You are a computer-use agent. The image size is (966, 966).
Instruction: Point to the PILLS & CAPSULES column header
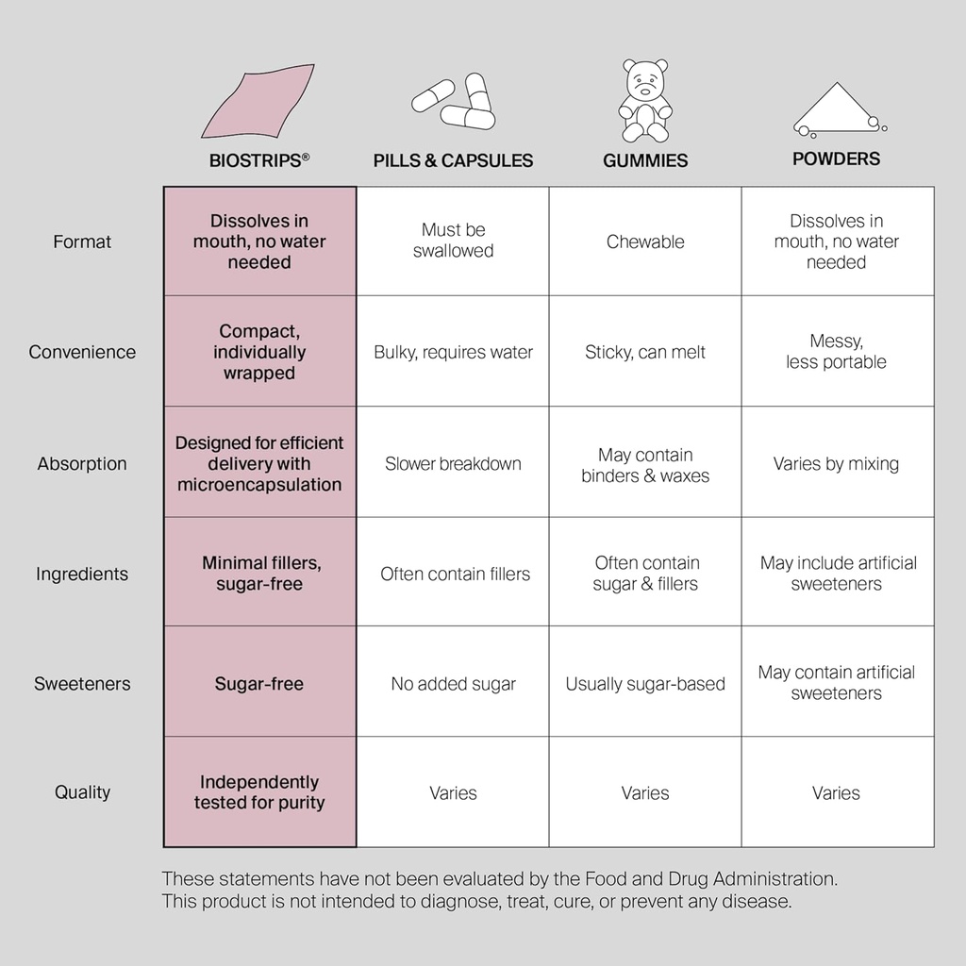[453, 160]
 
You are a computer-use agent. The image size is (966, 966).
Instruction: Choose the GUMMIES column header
[645, 160]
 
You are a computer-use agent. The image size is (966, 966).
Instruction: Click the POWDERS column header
[836, 158]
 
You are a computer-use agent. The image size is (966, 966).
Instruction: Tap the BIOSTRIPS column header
[258, 160]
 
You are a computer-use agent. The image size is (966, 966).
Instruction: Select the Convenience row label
[82, 352]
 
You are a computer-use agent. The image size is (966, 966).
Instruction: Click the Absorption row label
[82, 463]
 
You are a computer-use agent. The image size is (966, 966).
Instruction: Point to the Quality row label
[82, 792]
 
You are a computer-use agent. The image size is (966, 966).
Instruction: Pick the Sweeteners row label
[82, 684]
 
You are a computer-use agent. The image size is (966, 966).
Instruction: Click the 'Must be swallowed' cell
[453, 241]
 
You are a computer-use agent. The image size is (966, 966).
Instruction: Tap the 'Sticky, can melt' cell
[645, 352]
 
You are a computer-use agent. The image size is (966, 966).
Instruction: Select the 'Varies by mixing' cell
[836, 463]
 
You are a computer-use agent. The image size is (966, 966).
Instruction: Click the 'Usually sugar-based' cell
[645, 684]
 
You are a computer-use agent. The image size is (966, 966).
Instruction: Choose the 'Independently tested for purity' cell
[259, 792]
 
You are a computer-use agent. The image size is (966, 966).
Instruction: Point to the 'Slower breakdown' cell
[453, 463]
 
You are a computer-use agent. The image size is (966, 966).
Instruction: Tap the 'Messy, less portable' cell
[836, 352]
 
